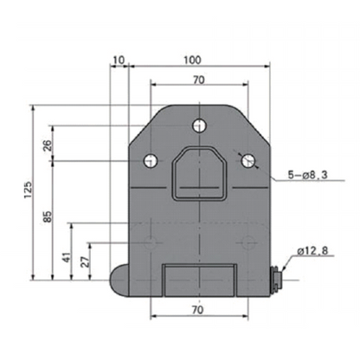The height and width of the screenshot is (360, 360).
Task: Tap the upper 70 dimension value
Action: click(198, 80)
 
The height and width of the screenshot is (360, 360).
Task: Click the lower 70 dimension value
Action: click(198, 309)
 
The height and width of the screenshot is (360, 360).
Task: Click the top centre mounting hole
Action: click(200, 123)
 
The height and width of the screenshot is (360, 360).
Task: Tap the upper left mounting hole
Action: click(151, 160)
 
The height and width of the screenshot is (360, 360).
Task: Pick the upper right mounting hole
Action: click(248, 160)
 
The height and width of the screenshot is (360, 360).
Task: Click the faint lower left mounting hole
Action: click(151, 240)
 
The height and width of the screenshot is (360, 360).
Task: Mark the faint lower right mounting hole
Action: click(247, 240)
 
